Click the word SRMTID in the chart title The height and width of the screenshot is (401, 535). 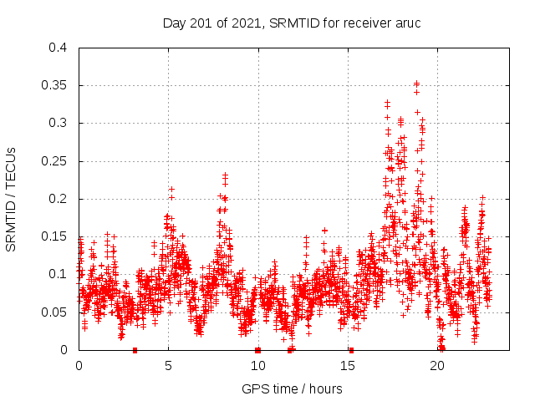point(293,22)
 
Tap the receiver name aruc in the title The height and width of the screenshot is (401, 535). point(405,22)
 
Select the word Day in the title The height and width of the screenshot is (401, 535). point(174,22)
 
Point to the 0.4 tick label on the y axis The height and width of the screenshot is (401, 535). point(58,48)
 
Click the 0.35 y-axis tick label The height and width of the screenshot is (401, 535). point(54,85)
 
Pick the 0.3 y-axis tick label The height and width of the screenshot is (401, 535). point(58,123)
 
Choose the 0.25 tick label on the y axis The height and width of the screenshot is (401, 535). point(54,161)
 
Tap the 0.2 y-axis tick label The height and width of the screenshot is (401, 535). point(58,199)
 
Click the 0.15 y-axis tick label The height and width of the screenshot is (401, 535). point(54,236)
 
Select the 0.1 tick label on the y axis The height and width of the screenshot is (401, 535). point(58,274)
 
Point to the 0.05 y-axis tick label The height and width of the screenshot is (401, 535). point(54,312)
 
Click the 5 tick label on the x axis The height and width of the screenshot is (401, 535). point(168,366)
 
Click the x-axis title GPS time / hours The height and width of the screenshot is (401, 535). point(292,388)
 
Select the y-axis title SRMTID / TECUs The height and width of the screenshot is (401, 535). point(12,199)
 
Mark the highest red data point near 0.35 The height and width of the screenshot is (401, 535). point(416,84)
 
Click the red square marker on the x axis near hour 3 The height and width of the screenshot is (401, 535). point(135,350)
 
